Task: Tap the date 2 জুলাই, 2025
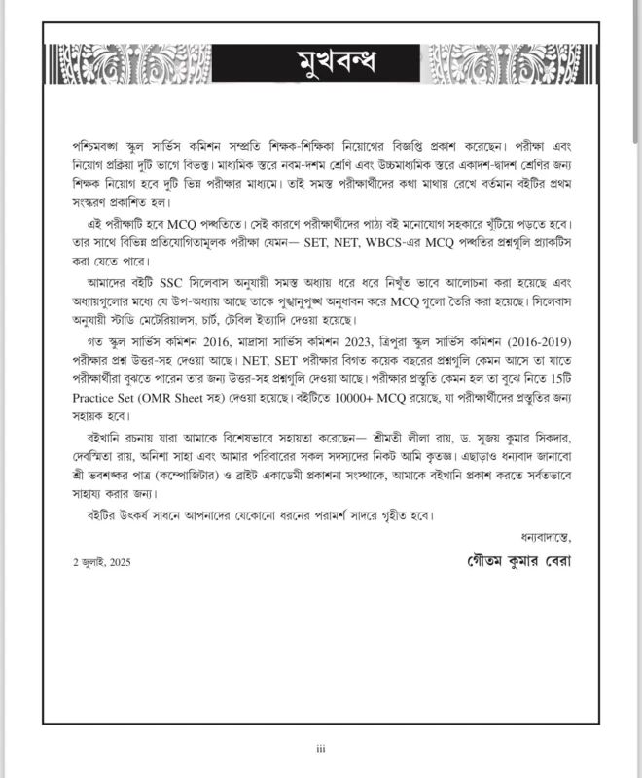(x=101, y=563)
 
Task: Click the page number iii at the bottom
(x=320, y=748)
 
